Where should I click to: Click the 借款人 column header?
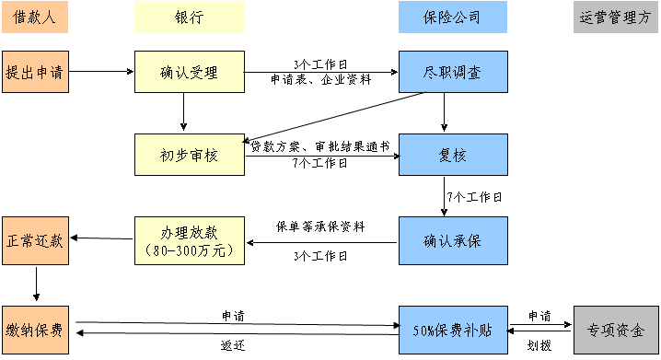(35, 17)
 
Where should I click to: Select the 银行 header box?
(190, 17)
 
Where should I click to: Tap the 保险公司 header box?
(453, 17)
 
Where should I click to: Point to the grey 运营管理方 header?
(616, 17)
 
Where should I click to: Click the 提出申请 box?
(35, 71)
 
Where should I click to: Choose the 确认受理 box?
(190, 71)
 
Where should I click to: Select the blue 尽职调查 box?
(453, 71)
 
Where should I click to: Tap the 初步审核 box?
(190, 154)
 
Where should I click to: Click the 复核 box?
(453, 154)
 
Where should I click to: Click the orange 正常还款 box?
(35, 239)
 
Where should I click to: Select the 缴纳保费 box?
(35, 329)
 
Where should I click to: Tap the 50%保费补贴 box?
(453, 329)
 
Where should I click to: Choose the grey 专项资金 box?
(616, 329)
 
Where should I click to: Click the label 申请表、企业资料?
(320, 80)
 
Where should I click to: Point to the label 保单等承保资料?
(320, 226)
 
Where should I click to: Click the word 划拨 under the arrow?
(539, 346)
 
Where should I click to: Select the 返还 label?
(233, 344)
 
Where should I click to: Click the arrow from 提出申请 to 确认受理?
(101, 71)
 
